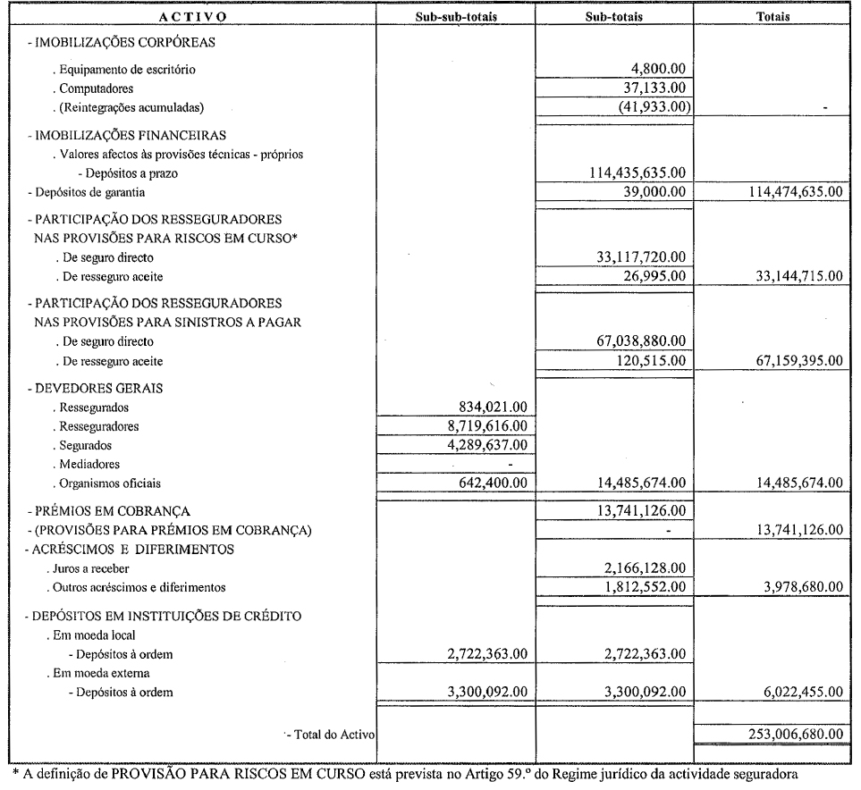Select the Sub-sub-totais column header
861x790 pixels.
coord(455,16)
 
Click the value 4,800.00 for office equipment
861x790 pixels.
coord(657,68)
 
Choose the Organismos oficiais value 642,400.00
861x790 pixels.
coord(493,483)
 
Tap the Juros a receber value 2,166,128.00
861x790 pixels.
coord(638,568)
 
